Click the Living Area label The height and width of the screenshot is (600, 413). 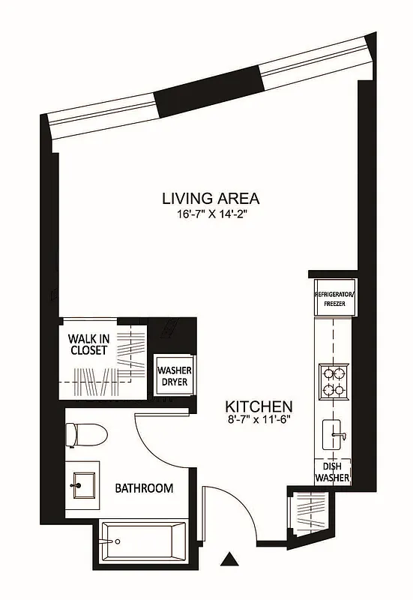click(211, 199)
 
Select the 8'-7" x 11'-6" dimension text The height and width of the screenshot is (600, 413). click(259, 420)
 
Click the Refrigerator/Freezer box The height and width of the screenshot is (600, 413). click(334, 299)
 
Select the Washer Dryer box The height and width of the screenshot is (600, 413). click(173, 376)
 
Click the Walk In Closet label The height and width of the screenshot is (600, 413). click(88, 344)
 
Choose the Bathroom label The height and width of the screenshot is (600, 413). click(144, 488)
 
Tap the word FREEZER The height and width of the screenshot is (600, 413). click(334, 304)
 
